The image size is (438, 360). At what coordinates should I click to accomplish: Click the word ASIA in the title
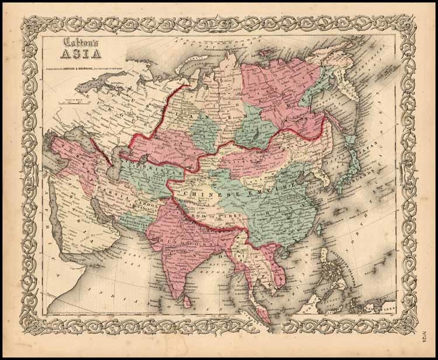coord(80,54)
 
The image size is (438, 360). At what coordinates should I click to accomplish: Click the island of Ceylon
coord(186,302)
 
